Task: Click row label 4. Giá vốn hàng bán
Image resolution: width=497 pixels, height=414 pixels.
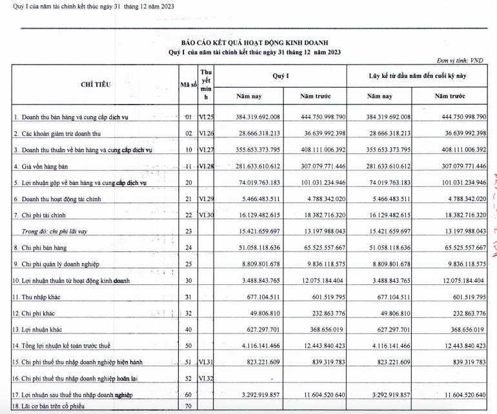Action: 48,167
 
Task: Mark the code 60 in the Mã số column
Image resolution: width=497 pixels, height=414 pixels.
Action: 188,393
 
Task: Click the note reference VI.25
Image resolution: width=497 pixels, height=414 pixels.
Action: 206,117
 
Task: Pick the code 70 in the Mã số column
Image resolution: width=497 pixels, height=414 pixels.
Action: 188,408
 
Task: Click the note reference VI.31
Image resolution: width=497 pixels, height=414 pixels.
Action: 206,362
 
